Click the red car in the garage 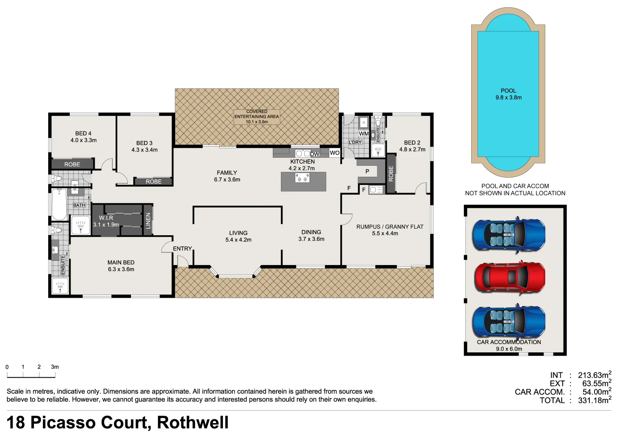tap(509, 277)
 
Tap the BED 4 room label tap(83, 134)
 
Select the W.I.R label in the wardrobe tap(106, 218)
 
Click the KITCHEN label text tap(302, 162)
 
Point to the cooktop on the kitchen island tap(302, 178)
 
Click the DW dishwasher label tap(314, 154)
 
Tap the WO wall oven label tap(334, 153)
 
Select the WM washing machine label tap(363, 134)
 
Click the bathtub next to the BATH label tap(59, 204)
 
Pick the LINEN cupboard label tap(148, 220)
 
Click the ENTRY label tap(182, 249)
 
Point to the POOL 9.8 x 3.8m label tap(508, 94)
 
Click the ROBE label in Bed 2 tap(391, 174)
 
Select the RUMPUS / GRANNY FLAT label tap(390, 227)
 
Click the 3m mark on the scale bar tap(55, 367)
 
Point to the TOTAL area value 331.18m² tap(594, 401)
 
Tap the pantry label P tap(367, 171)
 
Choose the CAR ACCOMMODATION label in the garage tap(509, 342)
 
